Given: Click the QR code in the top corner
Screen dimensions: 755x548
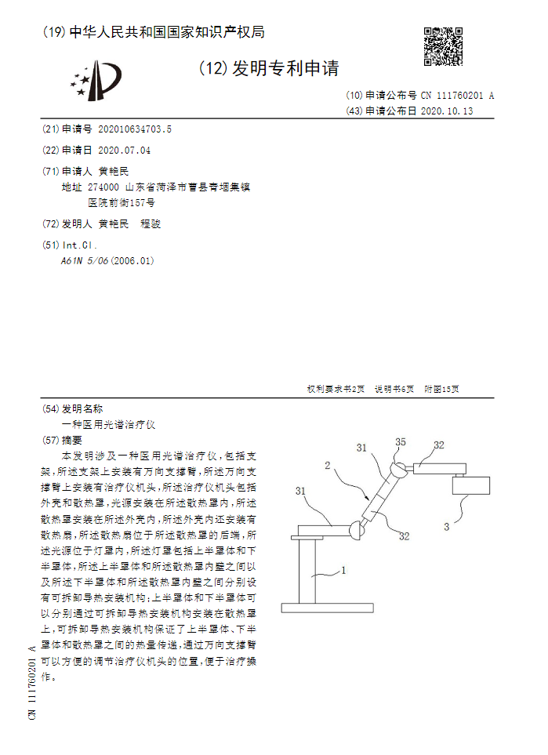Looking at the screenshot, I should [x=443, y=47].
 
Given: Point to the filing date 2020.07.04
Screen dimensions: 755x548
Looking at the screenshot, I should [x=124, y=150].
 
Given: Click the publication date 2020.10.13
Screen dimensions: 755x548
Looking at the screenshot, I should [x=447, y=111].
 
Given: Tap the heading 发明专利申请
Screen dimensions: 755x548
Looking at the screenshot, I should [x=285, y=70].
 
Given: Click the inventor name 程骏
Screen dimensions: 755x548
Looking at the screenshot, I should [x=150, y=224].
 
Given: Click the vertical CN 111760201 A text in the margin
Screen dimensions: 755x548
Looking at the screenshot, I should [x=32, y=681].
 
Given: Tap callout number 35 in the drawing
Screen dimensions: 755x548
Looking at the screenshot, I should [x=401, y=443].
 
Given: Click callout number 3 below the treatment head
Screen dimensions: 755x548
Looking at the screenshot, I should [x=447, y=527].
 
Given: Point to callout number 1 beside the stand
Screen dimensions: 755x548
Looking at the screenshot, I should [x=343, y=572].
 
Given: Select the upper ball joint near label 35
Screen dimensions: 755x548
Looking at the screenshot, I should [x=397, y=470].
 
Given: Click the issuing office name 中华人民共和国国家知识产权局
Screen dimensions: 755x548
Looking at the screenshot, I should [x=167, y=32].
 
